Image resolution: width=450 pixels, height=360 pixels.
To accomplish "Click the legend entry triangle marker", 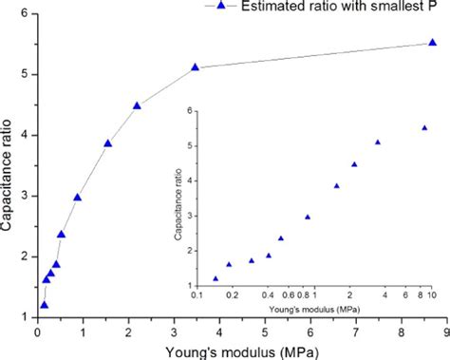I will (220, 7).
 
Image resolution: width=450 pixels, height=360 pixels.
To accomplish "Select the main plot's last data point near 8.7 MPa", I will (433, 43).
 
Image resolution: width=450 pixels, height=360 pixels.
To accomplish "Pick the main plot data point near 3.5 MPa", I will (195, 67).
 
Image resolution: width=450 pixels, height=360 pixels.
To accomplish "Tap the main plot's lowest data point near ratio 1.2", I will (43, 304).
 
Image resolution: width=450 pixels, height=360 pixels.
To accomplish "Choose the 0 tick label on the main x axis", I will (36, 329).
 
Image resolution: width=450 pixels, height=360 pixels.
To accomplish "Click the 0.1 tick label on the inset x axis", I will (197, 295).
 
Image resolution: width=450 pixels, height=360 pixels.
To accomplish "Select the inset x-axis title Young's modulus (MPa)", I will (313, 308).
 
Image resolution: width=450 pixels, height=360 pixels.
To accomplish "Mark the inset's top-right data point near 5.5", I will (424, 127).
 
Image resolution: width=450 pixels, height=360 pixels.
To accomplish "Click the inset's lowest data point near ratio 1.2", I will (216, 278).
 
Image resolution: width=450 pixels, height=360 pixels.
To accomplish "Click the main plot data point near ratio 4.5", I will (137, 105).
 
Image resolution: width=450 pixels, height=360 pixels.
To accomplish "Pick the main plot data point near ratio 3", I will (78, 198).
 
